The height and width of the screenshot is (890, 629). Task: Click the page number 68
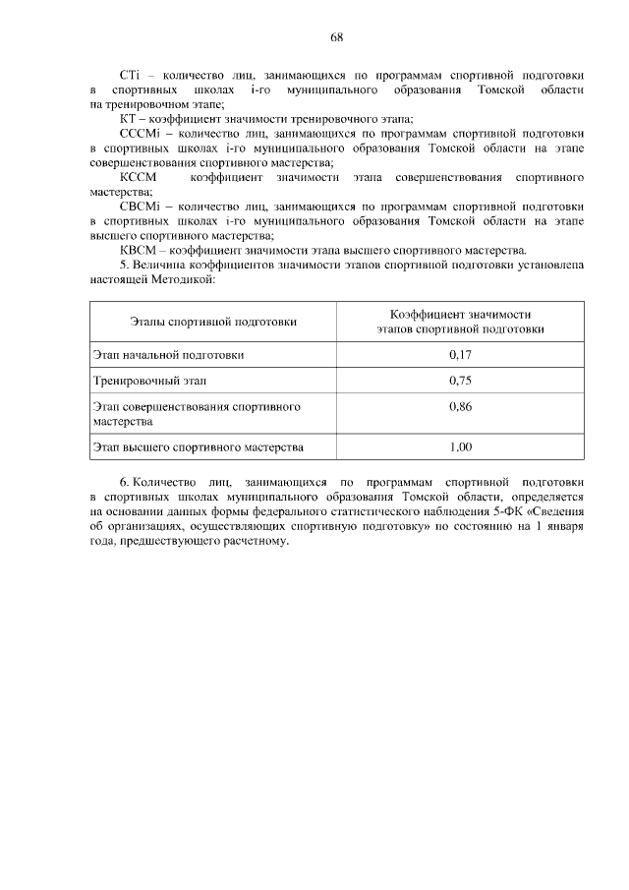click(x=336, y=36)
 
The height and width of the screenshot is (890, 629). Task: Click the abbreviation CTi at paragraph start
click(x=131, y=75)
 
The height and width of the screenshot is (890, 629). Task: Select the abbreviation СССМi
click(x=138, y=133)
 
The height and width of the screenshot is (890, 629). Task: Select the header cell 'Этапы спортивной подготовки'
click(x=213, y=322)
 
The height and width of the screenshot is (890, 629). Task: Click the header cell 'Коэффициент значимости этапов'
click(x=460, y=322)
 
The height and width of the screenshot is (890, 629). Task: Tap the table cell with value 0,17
click(x=460, y=354)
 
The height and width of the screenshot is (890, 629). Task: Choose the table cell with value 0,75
click(x=460, y=380)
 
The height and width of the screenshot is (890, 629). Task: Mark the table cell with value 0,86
click(x=460, y=405)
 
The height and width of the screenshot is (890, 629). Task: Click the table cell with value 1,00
click(x=460, y=446)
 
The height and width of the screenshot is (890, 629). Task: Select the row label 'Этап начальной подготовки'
click(x=168, y=354)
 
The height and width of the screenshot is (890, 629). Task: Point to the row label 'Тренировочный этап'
click(x=149, y=380)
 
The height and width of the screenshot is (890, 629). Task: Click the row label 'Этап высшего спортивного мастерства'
click(x=198, y=446)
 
